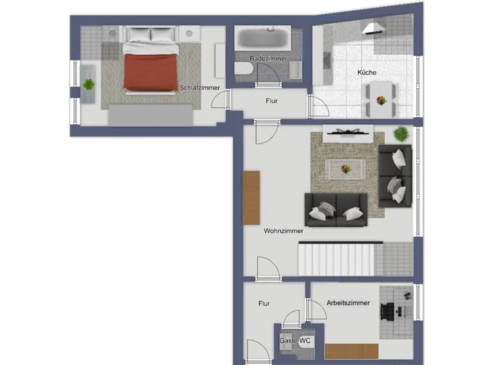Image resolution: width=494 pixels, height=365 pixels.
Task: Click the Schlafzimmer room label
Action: (x=200, y=88)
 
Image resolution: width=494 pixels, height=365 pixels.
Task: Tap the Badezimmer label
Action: (x=268, y=59)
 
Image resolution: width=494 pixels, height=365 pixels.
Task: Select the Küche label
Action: (x=367, y=72)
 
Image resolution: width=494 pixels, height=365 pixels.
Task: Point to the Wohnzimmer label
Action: (x=284, y=230)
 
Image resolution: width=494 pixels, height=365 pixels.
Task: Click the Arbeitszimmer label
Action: (x=348, y=303)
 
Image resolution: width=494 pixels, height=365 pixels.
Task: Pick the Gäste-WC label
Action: (x=295, y=341)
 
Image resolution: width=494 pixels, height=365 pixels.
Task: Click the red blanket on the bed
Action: (x=150, y=72)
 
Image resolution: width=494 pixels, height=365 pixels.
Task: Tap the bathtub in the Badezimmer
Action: (x=262, y=37)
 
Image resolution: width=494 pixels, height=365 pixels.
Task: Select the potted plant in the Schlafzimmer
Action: (x=89, y=84)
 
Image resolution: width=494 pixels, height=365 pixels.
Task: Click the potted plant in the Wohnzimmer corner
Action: (x=401, y=134)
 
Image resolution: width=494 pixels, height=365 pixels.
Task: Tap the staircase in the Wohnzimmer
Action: (x=340, y=259)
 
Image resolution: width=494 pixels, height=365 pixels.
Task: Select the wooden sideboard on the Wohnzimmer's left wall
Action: (x=252, y=198)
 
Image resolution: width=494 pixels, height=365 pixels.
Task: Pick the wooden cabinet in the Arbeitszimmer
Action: (x=352, y=351)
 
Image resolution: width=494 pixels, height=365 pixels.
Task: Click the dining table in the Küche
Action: (x=381, y=99)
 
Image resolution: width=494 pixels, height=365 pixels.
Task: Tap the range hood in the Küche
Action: (x=374, y=28)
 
